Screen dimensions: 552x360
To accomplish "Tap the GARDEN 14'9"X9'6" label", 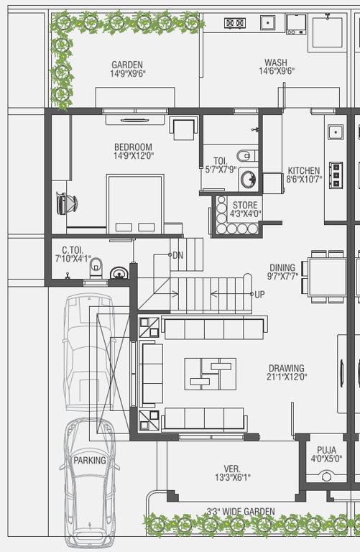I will [x=126, y=69].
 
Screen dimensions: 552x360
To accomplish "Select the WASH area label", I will [x=277, y=67].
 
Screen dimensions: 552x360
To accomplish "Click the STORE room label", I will [x=244, y=209].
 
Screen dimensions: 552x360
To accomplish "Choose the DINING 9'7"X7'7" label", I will [x=282, y=271].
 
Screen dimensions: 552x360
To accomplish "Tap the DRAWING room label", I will [x=287, y=372].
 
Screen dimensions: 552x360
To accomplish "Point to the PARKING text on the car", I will [x=89, y=460].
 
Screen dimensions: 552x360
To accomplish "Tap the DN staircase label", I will [x=177, y=255].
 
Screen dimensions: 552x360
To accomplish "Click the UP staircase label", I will [x=259, y=295].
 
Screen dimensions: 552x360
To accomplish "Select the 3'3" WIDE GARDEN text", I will [x=241, y=512].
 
